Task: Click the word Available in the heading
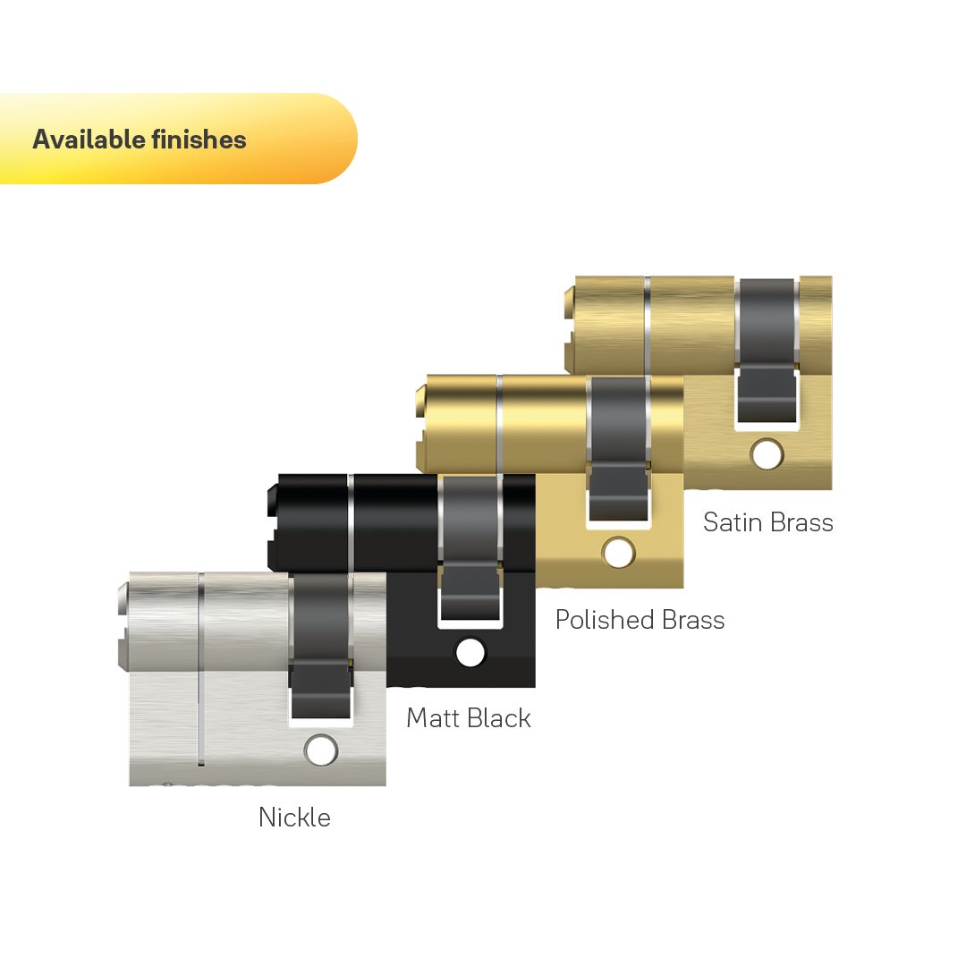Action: pyautogui.click(x=89, y=140)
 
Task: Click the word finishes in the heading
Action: pyautogui.click(x=199, y=140)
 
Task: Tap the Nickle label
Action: pyautogui.click(x=294, y=818)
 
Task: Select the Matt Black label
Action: pyautogui.click(x=469, y=717)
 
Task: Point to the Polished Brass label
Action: pyautogui.click(x=640, y=620)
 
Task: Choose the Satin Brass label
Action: pyautogui.click(x=768, y=522)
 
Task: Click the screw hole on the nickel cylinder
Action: pyautogui.click(x=321, y=750)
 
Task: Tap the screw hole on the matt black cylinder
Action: pyautogui.click(x=470, y=652)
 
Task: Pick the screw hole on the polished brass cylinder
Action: pyautogui.click(x=619, y=553)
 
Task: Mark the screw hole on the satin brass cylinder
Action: pyautogui.click(x=767, y=454)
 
